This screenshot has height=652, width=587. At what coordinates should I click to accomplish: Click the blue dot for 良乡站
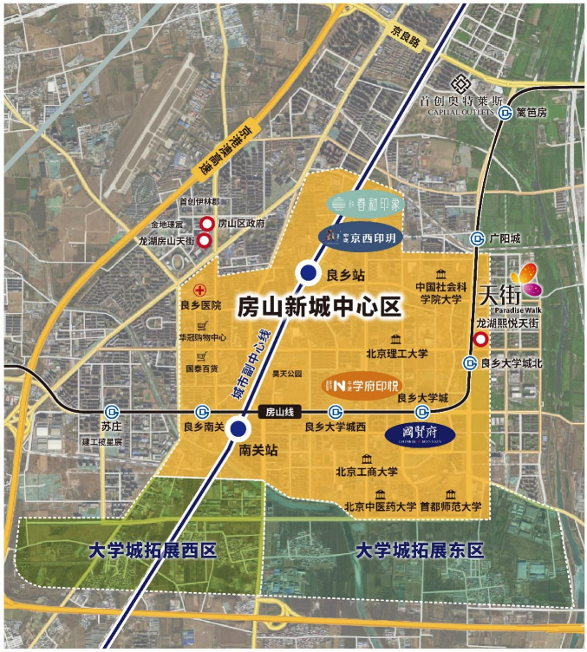point(306,273)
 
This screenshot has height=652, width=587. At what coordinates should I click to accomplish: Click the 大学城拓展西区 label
point(152,551)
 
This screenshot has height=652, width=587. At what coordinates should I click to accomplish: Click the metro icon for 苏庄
point(111,411)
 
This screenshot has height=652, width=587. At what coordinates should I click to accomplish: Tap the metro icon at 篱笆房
point(505,113)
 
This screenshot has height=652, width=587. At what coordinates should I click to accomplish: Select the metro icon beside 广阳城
point(476,238)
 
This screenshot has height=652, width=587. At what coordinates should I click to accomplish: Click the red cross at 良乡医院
point(199,290)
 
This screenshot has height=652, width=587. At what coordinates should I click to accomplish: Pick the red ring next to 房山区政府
point(206,224)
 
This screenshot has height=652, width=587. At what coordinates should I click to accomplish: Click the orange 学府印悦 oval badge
point(367,382)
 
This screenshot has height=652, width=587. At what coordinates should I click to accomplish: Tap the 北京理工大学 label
point(396,353)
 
